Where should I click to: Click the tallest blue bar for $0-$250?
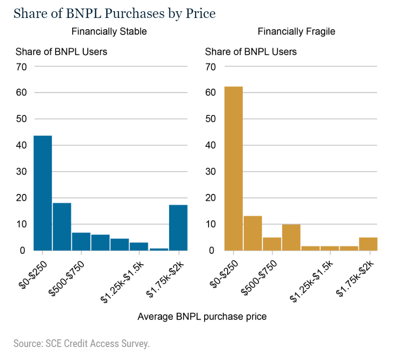pos(43,193)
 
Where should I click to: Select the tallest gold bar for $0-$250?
pos(233,168)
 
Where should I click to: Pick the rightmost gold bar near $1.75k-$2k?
pos(368,244)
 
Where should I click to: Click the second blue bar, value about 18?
pos(62,227)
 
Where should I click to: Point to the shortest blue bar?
pos(159,249)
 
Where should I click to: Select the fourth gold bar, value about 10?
pos(291,237)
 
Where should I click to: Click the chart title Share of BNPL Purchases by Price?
pos(114,13)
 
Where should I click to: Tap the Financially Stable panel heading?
pos(109,32)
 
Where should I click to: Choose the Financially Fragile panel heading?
pos(297,32)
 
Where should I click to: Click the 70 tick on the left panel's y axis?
pos(22,66)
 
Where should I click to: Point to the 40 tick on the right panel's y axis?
pos(211,145)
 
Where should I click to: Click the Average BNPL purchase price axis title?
pos(202,316)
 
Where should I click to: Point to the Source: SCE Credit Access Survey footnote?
pos(81,344)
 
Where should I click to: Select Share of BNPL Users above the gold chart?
pos(251,52)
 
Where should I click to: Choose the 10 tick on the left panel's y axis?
pos(22,224)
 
